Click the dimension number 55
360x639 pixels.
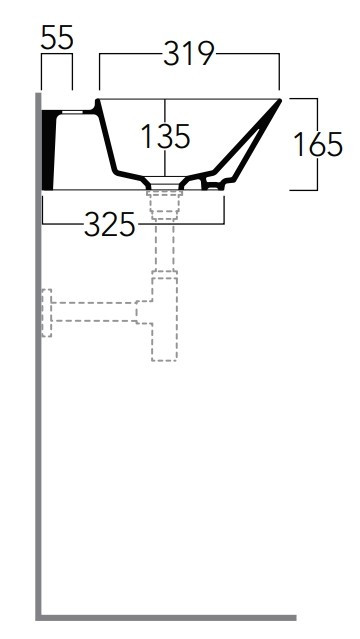57,37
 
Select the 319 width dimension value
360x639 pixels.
189,53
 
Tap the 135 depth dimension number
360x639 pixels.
165,136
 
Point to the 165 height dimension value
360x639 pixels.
318,144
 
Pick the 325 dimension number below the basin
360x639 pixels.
110,225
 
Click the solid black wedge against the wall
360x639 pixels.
48,150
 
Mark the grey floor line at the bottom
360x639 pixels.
166,618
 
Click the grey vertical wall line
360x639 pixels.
39,355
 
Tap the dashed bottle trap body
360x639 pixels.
164,319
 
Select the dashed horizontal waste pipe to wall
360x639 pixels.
94,312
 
